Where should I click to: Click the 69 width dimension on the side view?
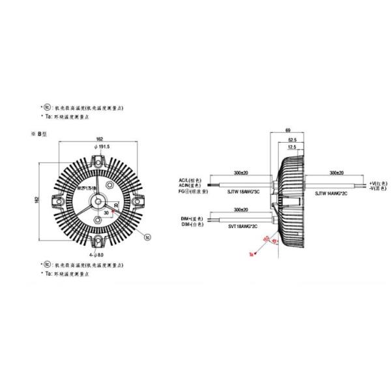click(x=288, y=131)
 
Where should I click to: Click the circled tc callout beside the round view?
click(x=147, y=236)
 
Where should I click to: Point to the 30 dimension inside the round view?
click(x=106, y=212)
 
